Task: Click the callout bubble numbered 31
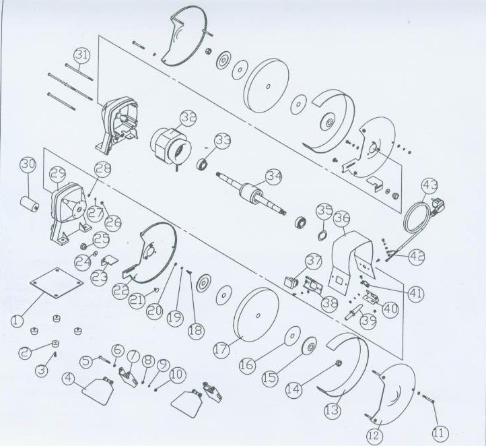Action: click(82, 56)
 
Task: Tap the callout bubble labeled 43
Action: click(430, 185)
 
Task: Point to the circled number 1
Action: click(17, 320)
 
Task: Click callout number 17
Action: click(221, 350)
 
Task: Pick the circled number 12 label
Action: click(374, 435)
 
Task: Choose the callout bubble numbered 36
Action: click(341, 217)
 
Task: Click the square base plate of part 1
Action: click(57, 282)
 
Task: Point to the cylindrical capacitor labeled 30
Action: click(30, 203)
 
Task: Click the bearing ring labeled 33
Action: click(203, 164)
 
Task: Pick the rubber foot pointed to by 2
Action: click(55, 344)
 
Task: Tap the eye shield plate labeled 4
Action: click(97, 391)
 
